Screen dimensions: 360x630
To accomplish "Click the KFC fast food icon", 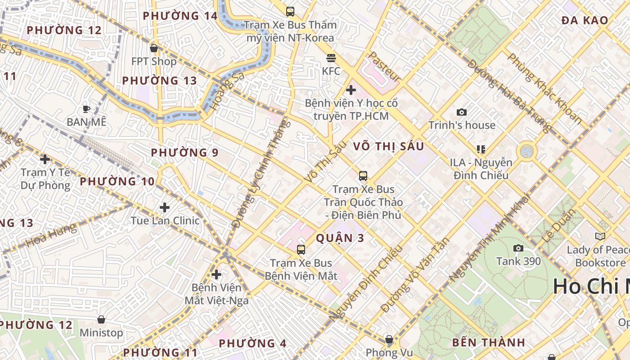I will click(331, 58).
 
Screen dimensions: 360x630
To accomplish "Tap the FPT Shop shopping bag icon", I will click(154, 48).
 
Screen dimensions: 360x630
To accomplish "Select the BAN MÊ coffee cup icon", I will click(86, 109).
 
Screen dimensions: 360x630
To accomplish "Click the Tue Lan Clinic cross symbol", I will click(165, 207).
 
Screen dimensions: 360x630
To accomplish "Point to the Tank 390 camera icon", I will click(518, 248).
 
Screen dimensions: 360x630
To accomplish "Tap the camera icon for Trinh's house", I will click(462, 112).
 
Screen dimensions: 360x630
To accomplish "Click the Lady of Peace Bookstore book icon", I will click(600, 236).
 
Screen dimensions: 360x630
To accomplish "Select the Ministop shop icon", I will click(101, 319).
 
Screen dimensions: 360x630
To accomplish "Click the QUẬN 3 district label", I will click(340, 238).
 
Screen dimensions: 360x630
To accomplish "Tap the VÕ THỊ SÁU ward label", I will click(388, 147).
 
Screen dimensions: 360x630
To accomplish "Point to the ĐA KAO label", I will click(585, 20).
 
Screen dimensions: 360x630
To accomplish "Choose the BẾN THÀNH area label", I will click(489, 342).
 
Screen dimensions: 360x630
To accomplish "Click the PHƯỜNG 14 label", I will click(180, 16).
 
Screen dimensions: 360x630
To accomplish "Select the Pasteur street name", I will click(384, 67).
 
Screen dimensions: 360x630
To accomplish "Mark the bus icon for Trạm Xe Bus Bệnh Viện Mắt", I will click(301, 249).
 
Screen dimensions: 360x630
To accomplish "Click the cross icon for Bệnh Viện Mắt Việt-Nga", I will click(216, 274).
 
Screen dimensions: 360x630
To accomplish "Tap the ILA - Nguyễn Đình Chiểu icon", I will click(481, 149).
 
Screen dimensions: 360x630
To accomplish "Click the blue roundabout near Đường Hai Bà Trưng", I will click(526, 151).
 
